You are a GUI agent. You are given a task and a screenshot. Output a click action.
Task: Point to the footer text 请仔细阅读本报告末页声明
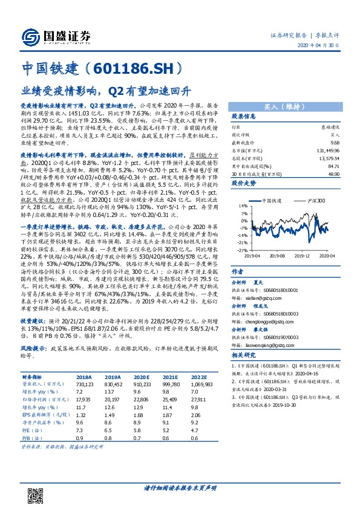180,487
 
